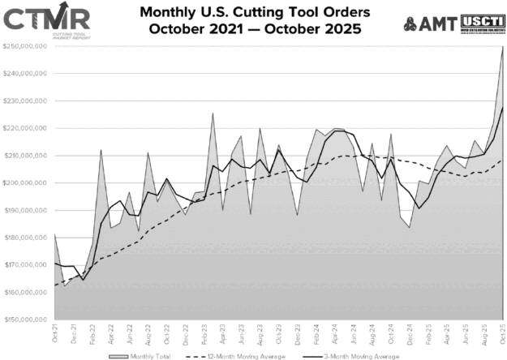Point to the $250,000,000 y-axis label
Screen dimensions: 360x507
(x=26, y=46)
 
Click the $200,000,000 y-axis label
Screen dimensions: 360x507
(x=26, y=183)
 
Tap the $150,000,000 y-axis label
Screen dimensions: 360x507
(x=26, y=319)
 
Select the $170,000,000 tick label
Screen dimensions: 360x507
(x=26, y=265)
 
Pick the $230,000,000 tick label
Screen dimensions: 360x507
(x=26, y=101)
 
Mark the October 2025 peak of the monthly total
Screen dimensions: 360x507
(x=503, y=47)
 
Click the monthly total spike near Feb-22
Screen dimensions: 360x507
(x=101, y=150)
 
